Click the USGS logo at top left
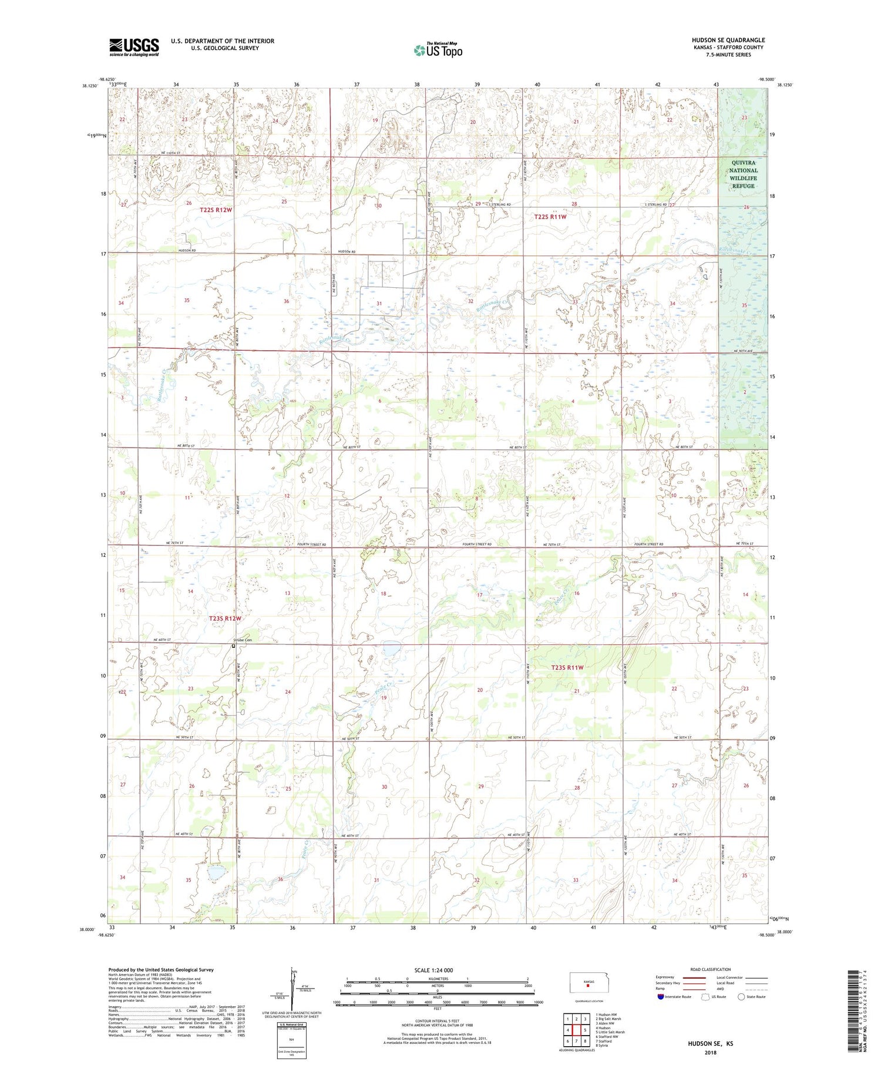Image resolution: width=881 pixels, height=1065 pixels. tap(134, 47)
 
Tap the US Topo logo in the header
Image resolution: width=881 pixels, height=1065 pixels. tap(438, 51)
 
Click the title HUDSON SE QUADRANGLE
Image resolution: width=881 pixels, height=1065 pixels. tap(728, 40)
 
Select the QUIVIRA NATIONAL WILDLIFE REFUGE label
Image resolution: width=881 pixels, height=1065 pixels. tap(743, 174)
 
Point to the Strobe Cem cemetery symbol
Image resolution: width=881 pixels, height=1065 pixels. tap(233, 646)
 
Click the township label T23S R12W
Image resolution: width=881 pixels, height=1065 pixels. tap(226, 619)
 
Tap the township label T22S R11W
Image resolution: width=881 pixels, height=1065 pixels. tap(550, 217)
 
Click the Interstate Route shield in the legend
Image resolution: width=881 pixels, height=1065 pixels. tap(661, 997)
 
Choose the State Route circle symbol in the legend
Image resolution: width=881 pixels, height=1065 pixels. tap(741, 997)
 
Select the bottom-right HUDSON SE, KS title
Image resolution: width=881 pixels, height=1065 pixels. tap(712, 1044)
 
